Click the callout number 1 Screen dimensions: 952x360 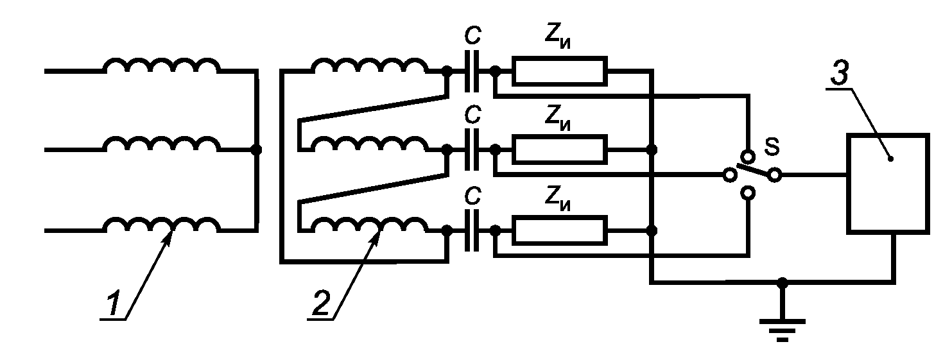pos(113,303)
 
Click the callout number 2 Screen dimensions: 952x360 pos(321,303)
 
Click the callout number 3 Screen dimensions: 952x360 pos(840,73)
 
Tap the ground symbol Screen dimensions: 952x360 pos(782,332)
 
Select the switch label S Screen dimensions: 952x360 pos(772,147)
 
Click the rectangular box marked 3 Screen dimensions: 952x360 pos(888,184)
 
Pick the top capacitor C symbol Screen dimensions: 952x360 pos(471,71)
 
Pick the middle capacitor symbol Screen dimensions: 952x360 pos(471,150)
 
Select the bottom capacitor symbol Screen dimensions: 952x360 pos(471,230)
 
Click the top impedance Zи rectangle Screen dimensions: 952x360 pos(560,71)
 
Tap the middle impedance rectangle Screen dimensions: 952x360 pos(560,150)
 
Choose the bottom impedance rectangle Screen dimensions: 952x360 pos(560,230)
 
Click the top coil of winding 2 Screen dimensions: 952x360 pos(370,66)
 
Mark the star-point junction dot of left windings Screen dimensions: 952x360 pos(256,150)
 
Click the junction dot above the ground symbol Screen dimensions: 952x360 pos(782,282)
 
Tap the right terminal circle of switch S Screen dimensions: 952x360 pos(775,175)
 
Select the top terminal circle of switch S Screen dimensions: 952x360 pos(748,155)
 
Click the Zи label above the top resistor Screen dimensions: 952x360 pos(557,39)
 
